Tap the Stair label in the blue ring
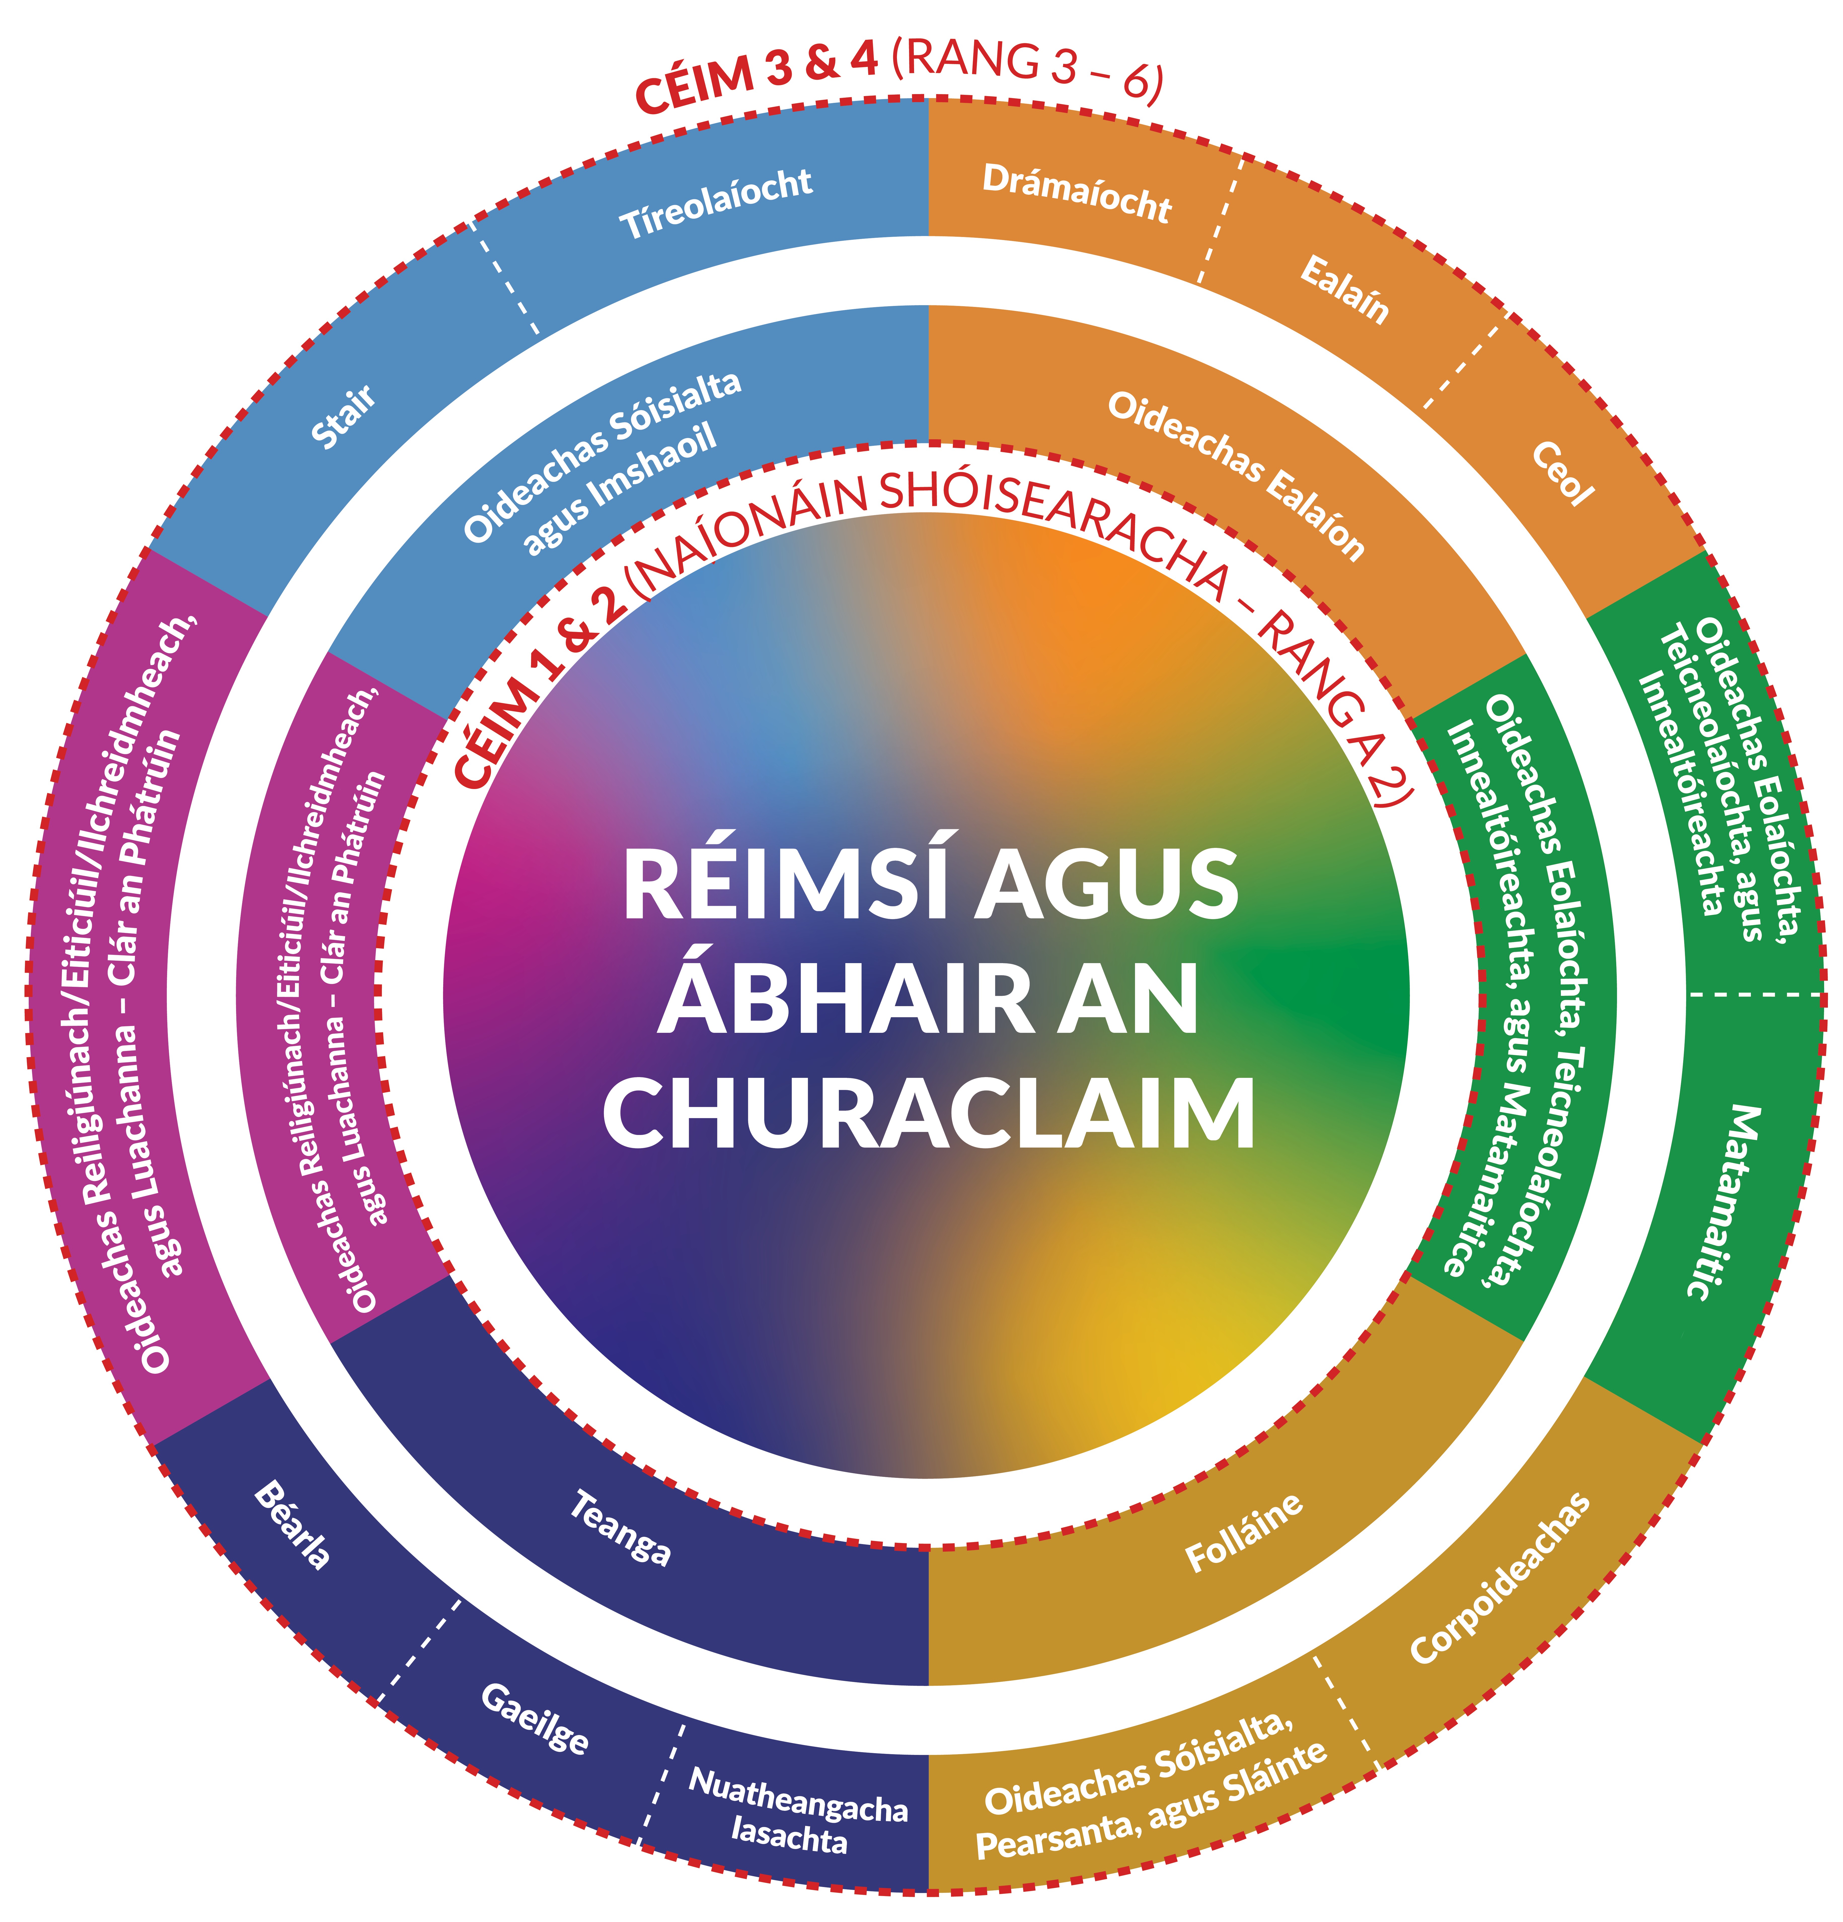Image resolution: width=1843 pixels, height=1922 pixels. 343,416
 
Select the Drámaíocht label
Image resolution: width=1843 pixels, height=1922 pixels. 1076,192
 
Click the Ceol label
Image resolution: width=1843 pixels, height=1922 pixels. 1562,474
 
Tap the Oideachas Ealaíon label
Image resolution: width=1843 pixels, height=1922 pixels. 1236,476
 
